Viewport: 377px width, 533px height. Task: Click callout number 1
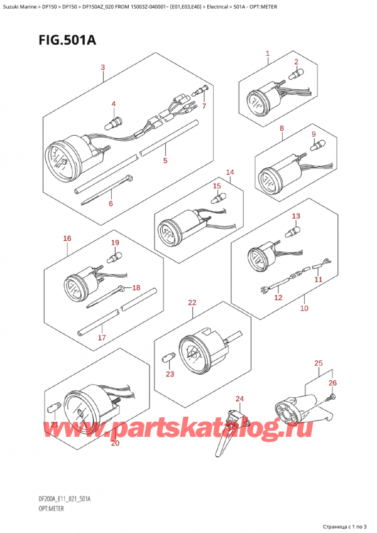click(x=268, y=54)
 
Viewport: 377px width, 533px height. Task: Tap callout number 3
click(x=102, y=67)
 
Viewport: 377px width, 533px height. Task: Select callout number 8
click(x=282, y=129)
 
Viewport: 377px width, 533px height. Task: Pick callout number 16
click(x=67, y=238)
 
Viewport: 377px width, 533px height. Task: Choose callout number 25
click(x=319, y=363)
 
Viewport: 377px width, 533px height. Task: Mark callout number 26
click(x=332, y=382)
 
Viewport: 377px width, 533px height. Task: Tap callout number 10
click(x=303, y=309)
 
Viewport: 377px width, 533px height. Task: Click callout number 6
click(x=111, y=203)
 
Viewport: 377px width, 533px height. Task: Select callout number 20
click(x=114, y=444)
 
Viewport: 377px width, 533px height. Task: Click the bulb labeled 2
click(x=293, y=75)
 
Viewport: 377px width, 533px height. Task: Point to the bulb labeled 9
click(x=318, y=146)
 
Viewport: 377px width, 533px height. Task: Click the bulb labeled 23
click(x=168, y=360)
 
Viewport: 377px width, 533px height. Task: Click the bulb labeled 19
click(x=114, y=256)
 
